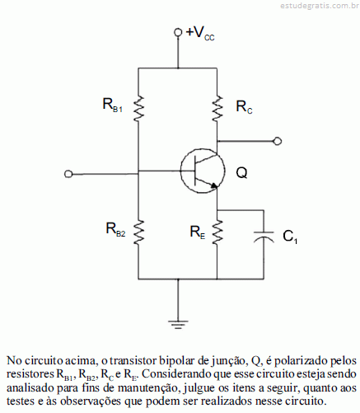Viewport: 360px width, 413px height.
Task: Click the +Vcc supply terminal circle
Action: tap(178, 32)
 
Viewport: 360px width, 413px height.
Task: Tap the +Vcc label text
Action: tap(200, 34)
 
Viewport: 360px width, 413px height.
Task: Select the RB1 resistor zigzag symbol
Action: tap(138, 108)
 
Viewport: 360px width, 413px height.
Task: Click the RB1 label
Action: tap(113, 106)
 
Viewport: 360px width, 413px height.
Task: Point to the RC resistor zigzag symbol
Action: tap(217, 108)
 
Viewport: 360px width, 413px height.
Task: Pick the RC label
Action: tap(244, 107)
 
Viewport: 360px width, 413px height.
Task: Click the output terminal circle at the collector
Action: tap(278, 141)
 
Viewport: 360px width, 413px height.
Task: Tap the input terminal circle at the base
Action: tap(68, 174)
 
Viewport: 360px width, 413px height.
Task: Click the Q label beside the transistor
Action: tap(241, 173)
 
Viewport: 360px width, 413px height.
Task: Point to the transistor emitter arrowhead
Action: tap(214, 185)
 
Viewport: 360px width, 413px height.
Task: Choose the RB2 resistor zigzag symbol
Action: tap(138, 232)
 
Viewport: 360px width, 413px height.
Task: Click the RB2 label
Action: tap(115, 229)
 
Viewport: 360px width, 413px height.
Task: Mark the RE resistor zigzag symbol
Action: tap(217, 232)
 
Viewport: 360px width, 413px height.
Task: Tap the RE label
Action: tap(198, 232)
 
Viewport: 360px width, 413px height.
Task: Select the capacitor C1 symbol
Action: tap(264, 237)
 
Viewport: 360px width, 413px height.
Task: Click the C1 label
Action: tap(290, 237)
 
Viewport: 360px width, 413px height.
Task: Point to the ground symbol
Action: tap(178, 325)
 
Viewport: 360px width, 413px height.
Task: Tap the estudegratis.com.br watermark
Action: tap(320, 6)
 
